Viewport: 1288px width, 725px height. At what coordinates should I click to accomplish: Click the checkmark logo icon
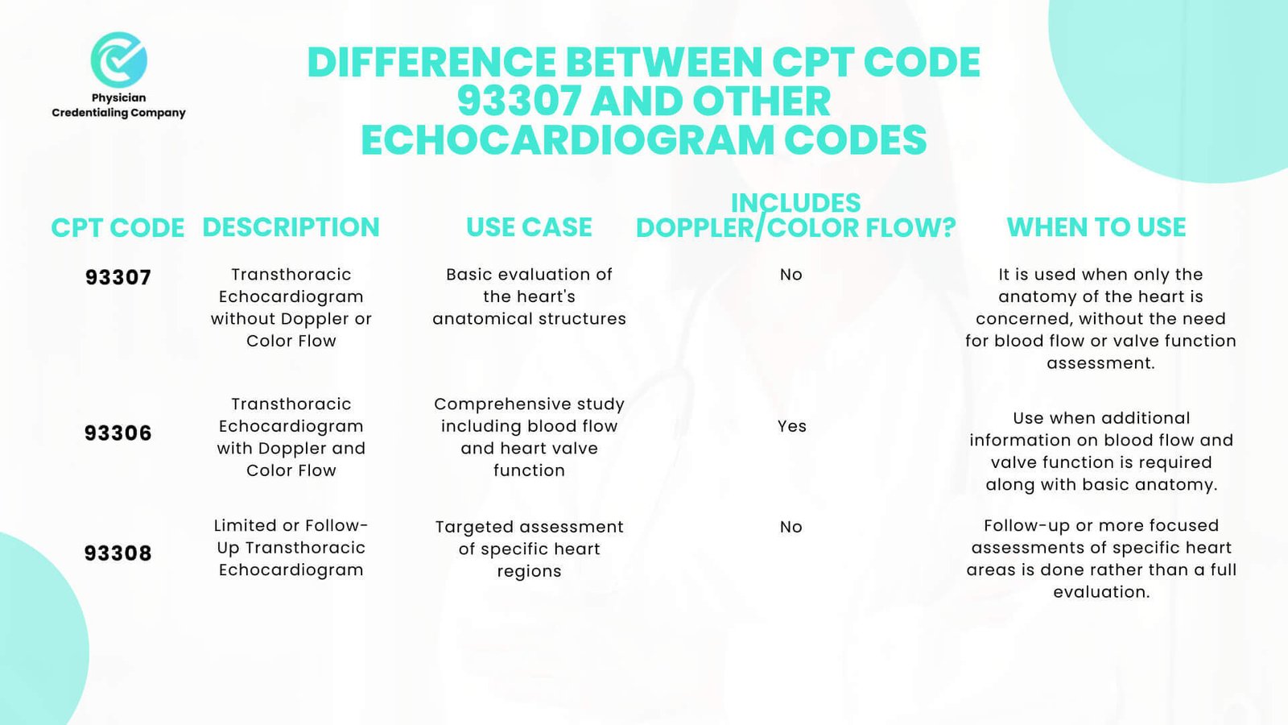click(x=119, y=60)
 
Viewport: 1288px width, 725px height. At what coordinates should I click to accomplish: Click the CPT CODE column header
click(x=118, y=228)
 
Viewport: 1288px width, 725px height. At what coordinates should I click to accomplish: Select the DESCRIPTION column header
click(x=291, y=227)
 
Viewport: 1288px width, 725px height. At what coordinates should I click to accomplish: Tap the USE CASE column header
click(x=529, y=227)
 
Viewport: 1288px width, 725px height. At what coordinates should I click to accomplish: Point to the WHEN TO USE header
click(x=1096, y=227)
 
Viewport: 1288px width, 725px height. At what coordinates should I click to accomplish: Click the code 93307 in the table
click(x=118, y=277)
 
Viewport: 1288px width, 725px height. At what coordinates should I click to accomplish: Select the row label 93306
click(x=118, y=433)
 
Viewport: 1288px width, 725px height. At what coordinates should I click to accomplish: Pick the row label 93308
click(x=118, y=553)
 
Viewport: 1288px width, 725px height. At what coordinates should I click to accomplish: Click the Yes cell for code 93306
click(x=792, y=426)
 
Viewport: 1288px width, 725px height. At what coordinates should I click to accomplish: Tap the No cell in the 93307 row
click(x=791, y=275)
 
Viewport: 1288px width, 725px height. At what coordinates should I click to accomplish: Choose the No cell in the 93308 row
click(x=791, y=527)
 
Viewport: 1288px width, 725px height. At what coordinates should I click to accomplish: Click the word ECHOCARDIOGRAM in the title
click(x=568, y=140)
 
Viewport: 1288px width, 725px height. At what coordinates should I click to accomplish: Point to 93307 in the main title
click(x=518, y=101)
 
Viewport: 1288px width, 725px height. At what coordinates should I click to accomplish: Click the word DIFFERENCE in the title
click(x=431, y=62)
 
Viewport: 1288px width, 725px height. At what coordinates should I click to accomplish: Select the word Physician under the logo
click(x=119, y=97)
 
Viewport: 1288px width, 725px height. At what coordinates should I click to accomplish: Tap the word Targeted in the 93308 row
click(x=469, y=527)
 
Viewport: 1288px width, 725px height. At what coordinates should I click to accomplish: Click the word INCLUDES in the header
click(x=796, y=203)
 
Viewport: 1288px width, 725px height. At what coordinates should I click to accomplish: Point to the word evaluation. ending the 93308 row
click(x=1101, y=592)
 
